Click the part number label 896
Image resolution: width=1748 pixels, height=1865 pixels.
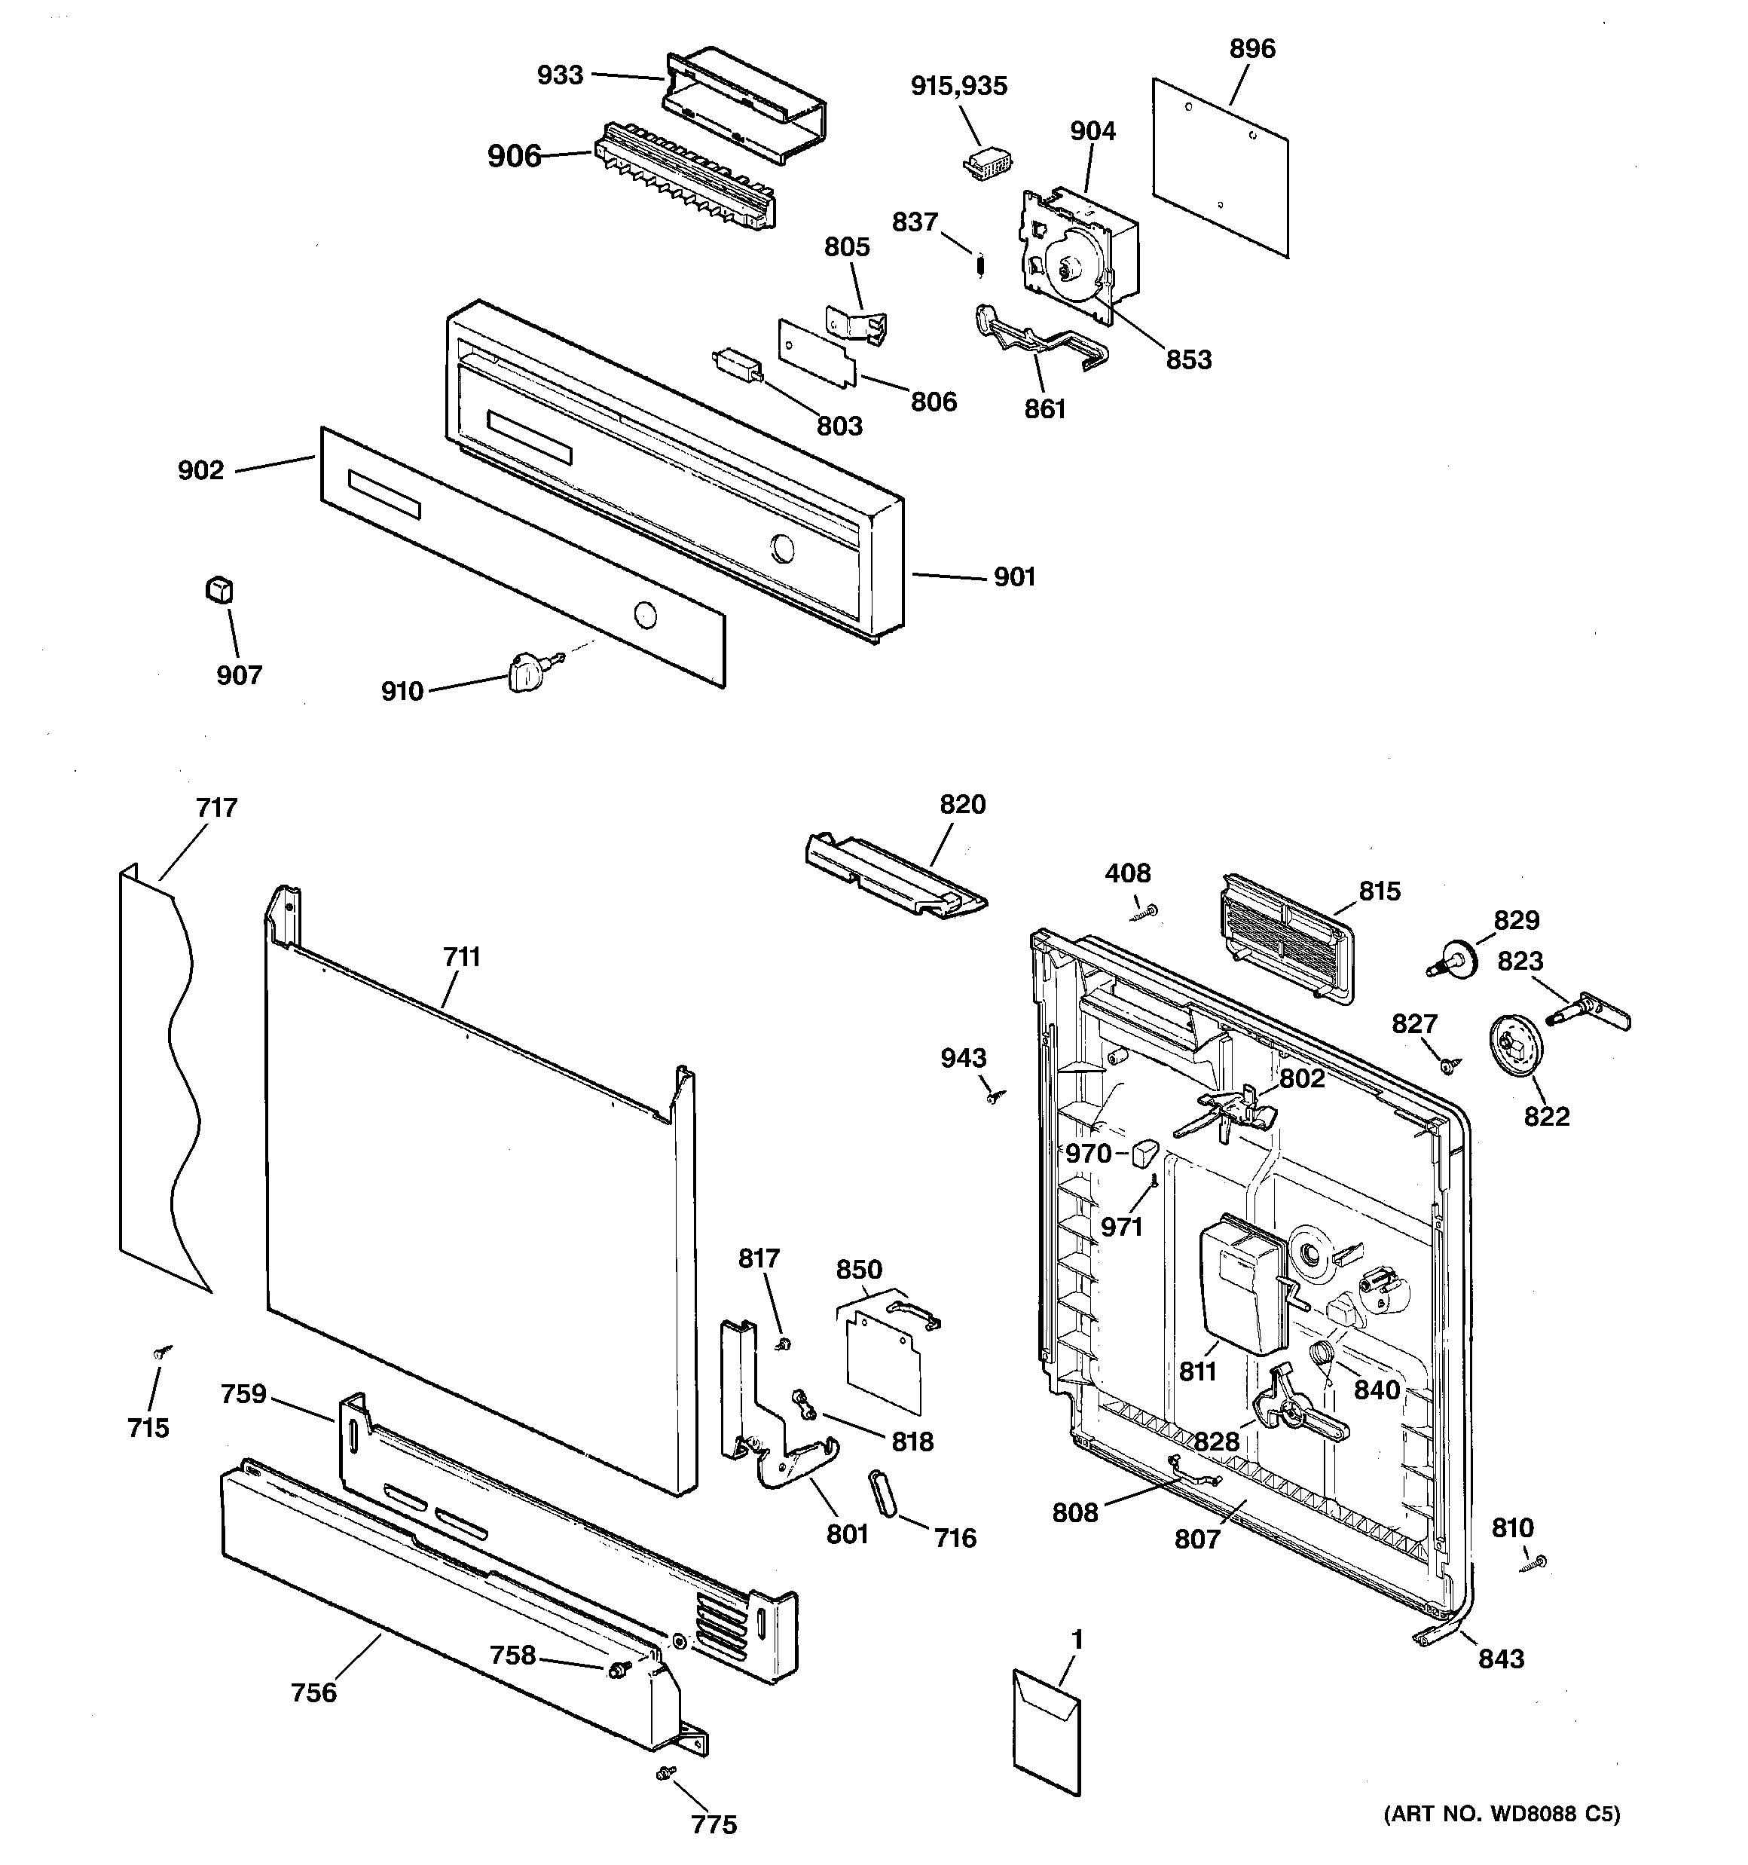pos(1251,49)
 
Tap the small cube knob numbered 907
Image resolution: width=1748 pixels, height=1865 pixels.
pos(218,589)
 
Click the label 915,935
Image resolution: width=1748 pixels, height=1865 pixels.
pos(959,87)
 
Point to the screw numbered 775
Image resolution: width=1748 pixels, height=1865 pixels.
pos(667,1772)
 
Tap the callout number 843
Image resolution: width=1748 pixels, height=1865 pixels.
pos(1501,1659)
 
